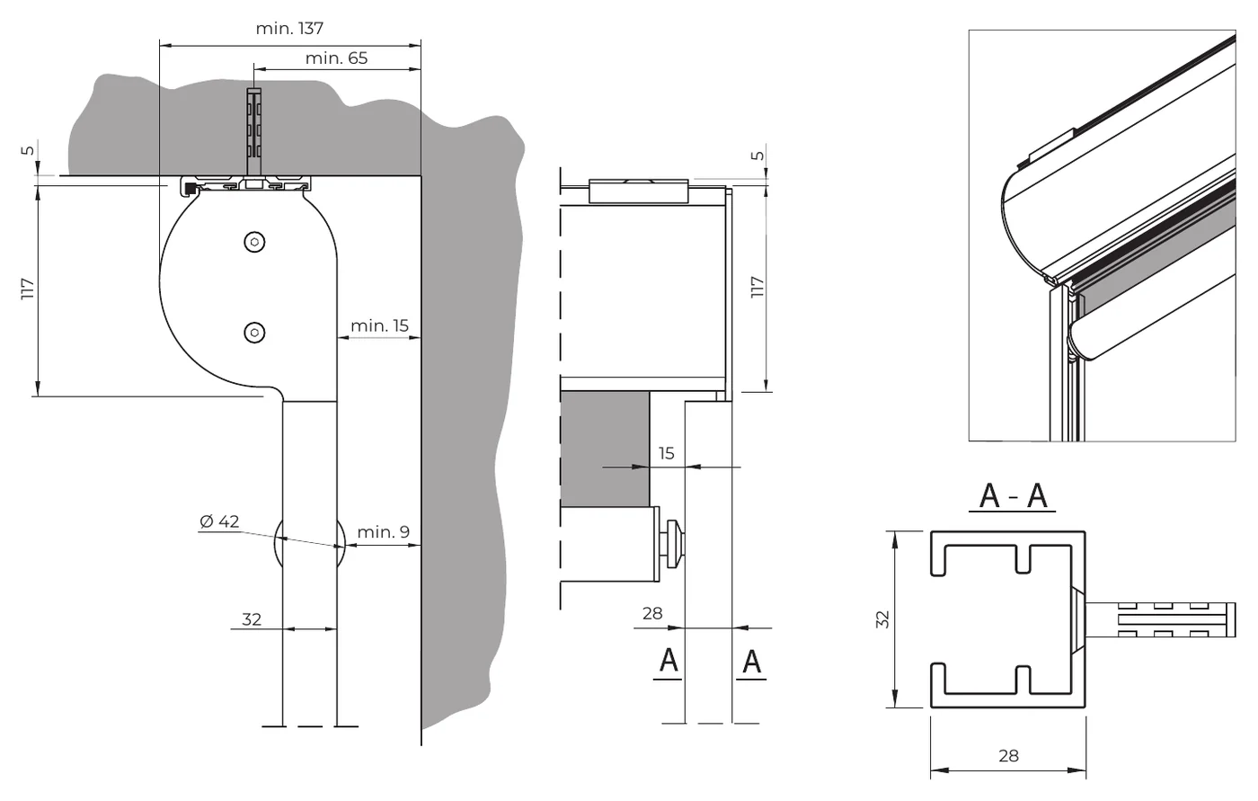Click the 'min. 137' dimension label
tap(289, 28)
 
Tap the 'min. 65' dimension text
tap(336, 58)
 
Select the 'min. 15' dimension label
tap(379, 325)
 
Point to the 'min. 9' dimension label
tap(384, 531)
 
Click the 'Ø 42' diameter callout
tap(219, 521)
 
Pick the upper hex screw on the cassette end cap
tap(254, 242)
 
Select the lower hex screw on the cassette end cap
tap(254, 333)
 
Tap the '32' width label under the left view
tap(252, 619)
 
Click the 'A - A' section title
tap(1013, 496)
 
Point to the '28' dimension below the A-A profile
tap(1008, 755)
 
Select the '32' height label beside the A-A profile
tap(882, 619)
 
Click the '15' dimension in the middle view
tap(666, 453)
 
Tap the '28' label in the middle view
tap(652, 613)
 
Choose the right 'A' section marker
tap(751, 662)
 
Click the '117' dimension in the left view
tap(28, 289)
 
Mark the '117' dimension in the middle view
tap(757, 287)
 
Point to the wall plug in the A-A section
tap(1160, 619)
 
